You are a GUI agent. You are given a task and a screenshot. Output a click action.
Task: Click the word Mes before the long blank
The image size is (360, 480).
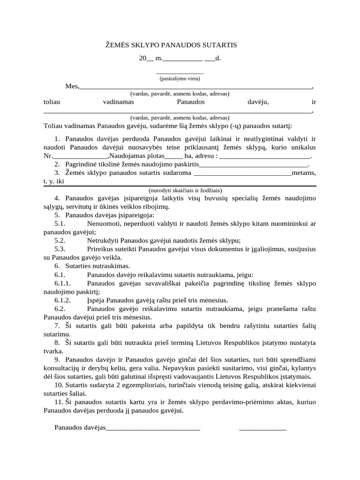click(71, 86)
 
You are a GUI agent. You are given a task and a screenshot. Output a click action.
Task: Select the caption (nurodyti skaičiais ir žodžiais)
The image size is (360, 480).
click(185, 190)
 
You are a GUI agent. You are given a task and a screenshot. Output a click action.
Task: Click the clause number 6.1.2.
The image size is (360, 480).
click(62, 300)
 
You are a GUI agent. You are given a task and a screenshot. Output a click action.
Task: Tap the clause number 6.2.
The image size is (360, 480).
click(60, 308)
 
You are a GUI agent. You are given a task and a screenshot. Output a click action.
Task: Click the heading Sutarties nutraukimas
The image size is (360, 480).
click(94, 266)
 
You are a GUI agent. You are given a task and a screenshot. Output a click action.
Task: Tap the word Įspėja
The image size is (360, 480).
click(96, 300)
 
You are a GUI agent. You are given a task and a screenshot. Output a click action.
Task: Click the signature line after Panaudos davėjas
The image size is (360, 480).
click(154, 427)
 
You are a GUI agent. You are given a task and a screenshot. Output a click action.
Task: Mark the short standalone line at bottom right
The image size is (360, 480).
click(262, 428)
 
